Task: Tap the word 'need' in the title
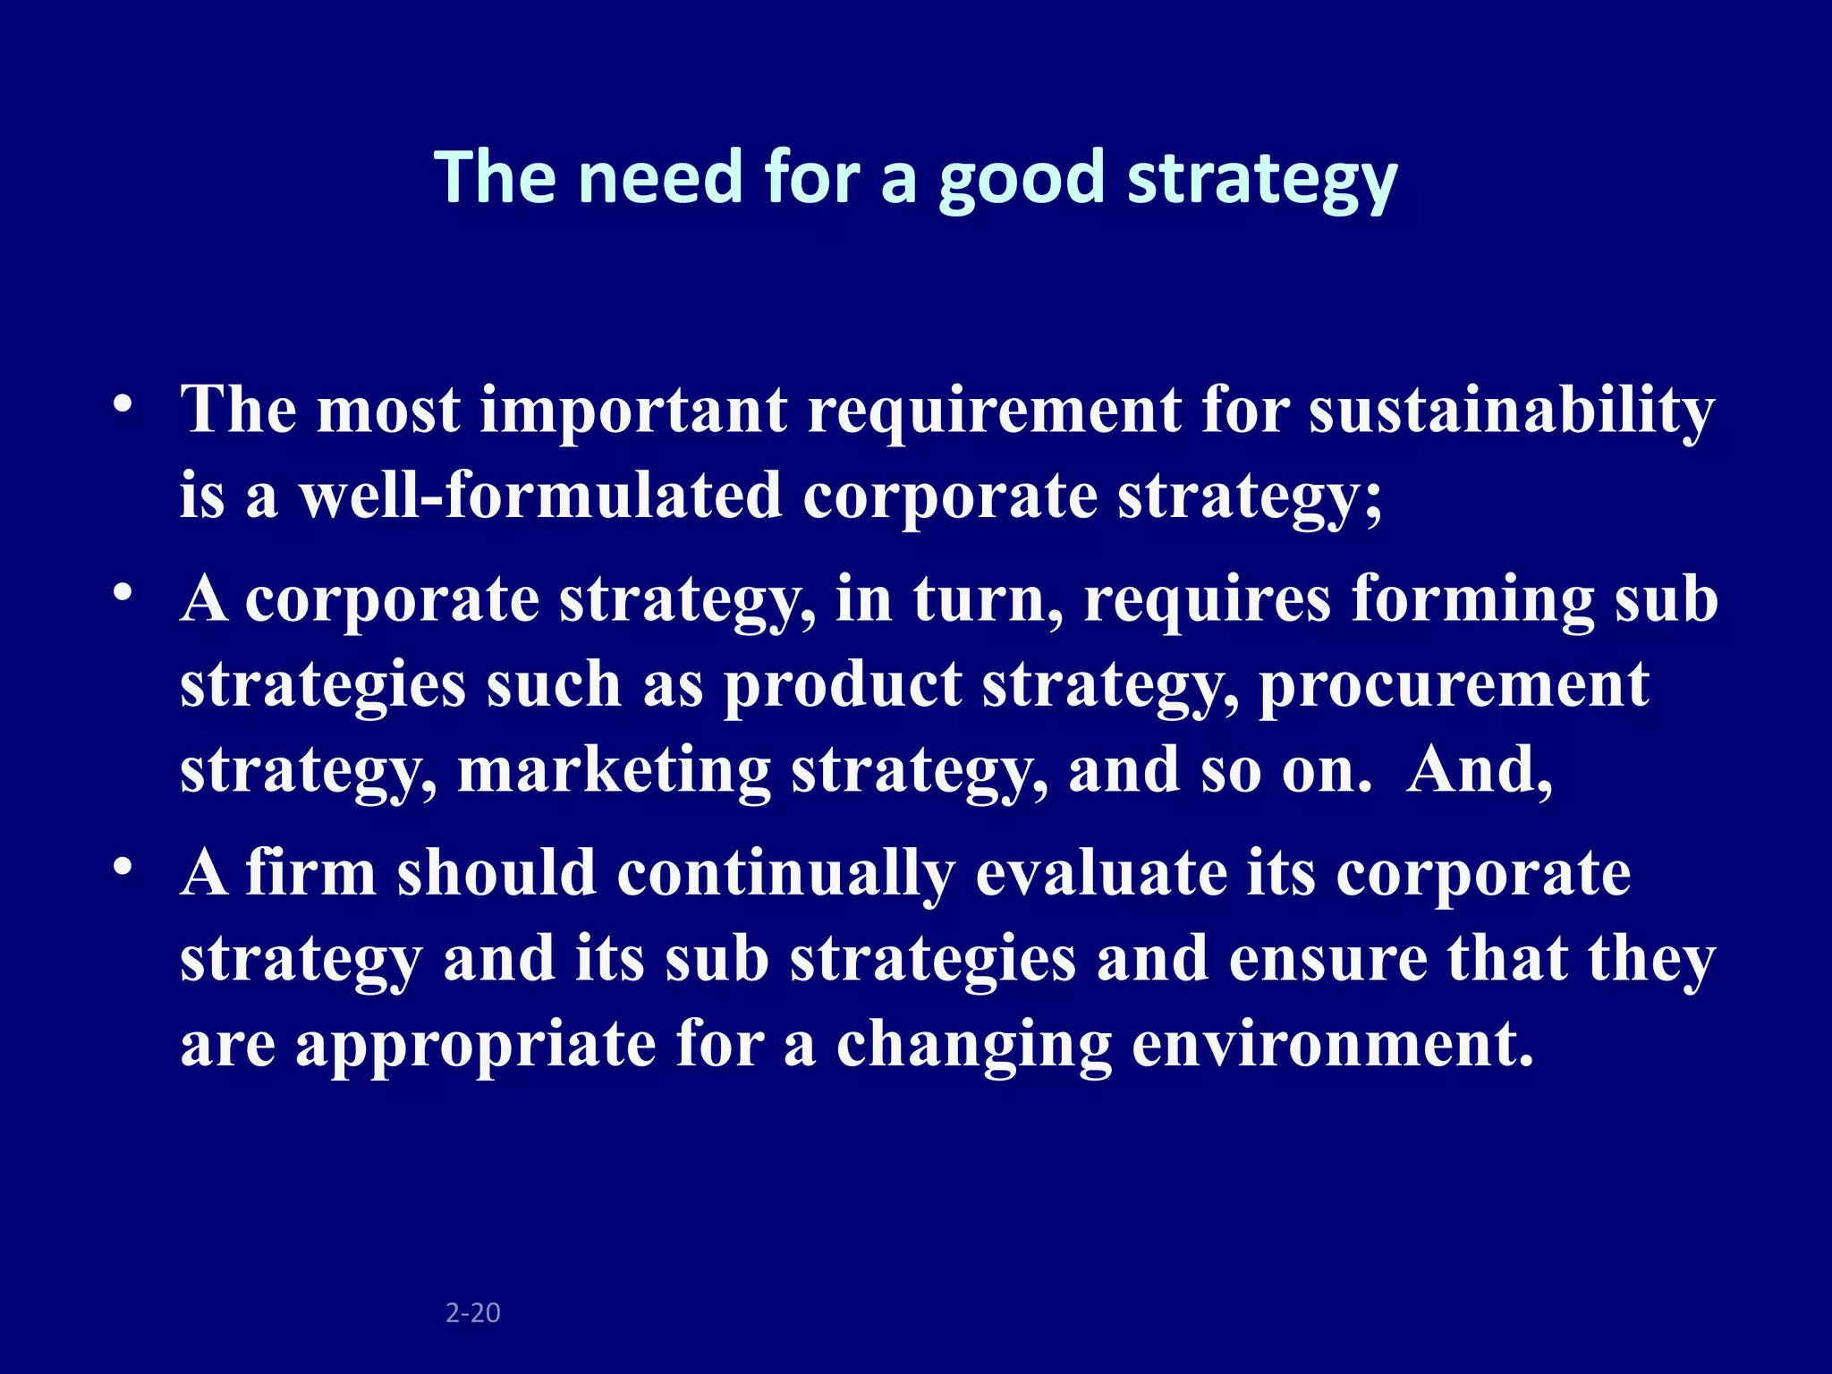point(661,177)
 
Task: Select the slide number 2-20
point(473,1312)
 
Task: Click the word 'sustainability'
point(1512,411)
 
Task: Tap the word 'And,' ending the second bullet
point(1480,770)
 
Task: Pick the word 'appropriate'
point(476,1045)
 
